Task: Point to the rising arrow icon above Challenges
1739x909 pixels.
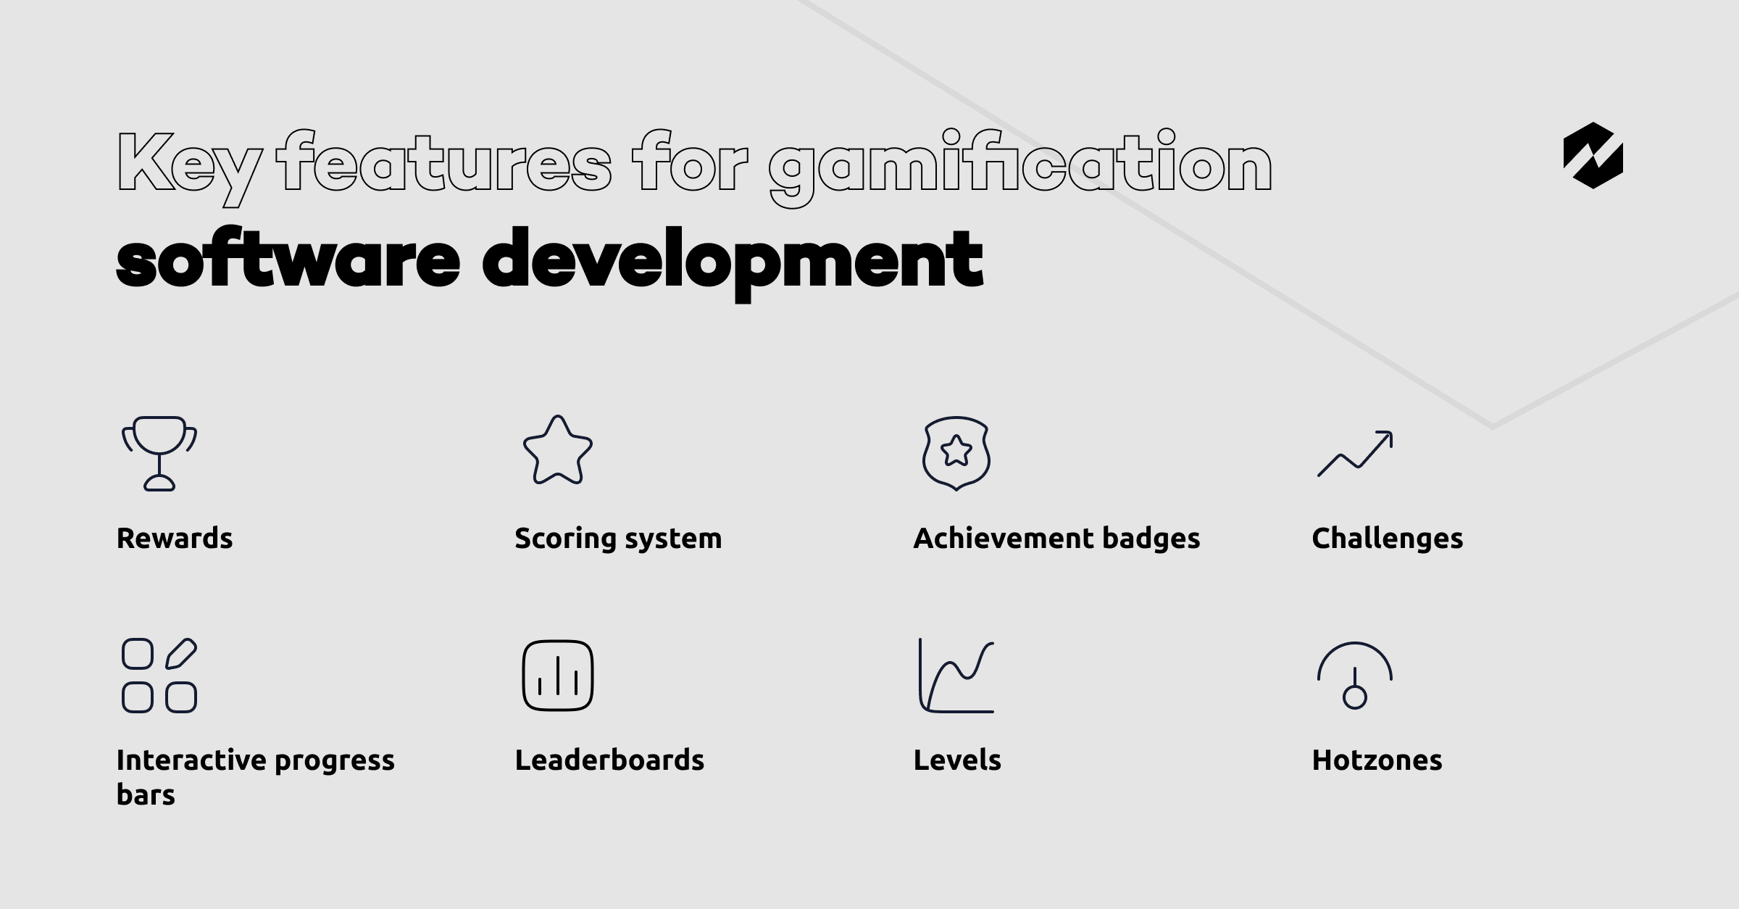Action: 1355,454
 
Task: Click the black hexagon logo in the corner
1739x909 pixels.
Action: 1593,156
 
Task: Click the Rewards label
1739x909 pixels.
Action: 175,539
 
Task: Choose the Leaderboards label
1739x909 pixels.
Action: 609,760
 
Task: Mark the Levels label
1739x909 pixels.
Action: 957,760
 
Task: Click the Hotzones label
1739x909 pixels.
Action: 1377,760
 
